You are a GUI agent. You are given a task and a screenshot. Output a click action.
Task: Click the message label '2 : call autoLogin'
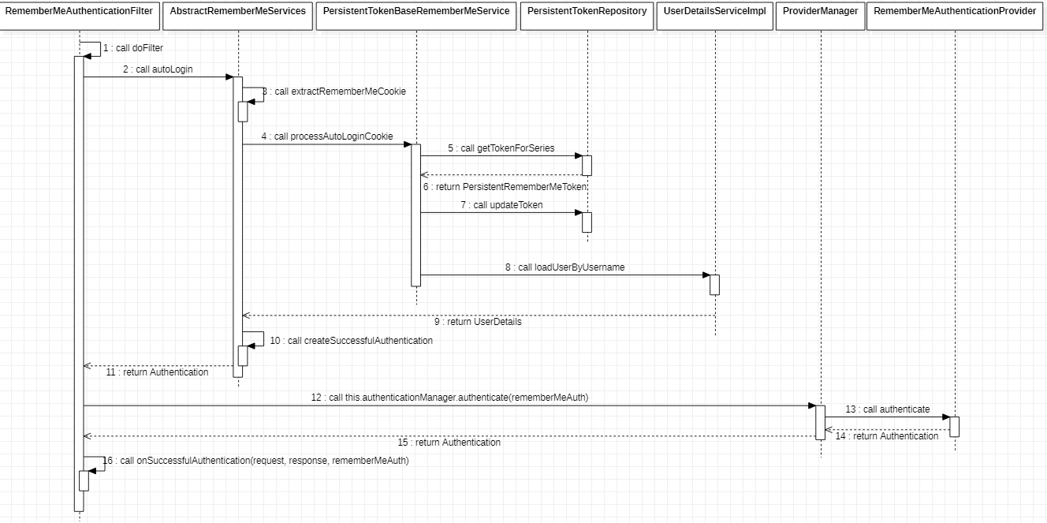coord(158,69)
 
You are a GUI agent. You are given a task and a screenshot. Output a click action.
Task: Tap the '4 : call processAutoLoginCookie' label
coord(327,136)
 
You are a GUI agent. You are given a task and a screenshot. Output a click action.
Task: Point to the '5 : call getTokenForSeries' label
coord(501,148)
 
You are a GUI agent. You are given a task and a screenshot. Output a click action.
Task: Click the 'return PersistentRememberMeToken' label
coord(505,187)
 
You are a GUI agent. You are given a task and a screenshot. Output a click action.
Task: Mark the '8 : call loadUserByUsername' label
coord(565,267)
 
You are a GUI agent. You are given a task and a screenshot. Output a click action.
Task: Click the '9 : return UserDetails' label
coord(478,322)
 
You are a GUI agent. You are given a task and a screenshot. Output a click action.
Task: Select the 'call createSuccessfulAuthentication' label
coord(352,341)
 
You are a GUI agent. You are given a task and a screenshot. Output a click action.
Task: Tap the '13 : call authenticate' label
coord(888,409)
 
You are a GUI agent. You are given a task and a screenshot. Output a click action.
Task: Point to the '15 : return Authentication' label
coord(449,443)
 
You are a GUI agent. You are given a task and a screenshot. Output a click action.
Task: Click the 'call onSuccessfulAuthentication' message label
coord(256,461)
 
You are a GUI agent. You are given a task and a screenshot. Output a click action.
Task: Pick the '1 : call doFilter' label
coord(133,48)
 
